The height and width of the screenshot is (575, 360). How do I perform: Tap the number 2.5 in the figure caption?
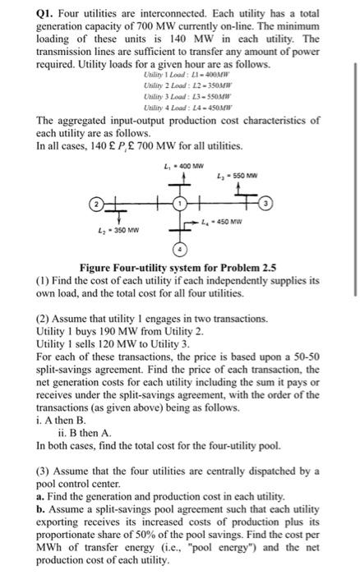point(265,268)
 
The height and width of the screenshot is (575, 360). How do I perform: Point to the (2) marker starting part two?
point(45,315)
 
